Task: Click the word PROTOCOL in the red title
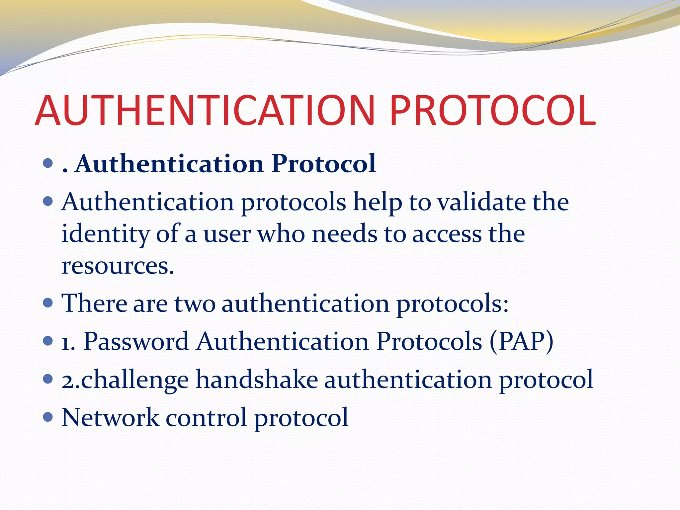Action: point(493,111)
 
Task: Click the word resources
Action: point(118,266)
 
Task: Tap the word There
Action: point(94,303)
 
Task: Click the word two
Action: point(195,304)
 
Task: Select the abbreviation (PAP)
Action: point(521,341)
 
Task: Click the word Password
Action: point(136,341)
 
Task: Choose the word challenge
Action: point(135,380)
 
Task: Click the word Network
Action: point(110,417)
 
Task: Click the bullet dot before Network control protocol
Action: point(48,417)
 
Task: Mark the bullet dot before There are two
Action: point(48,303)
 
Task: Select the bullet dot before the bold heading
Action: point(48,163)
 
